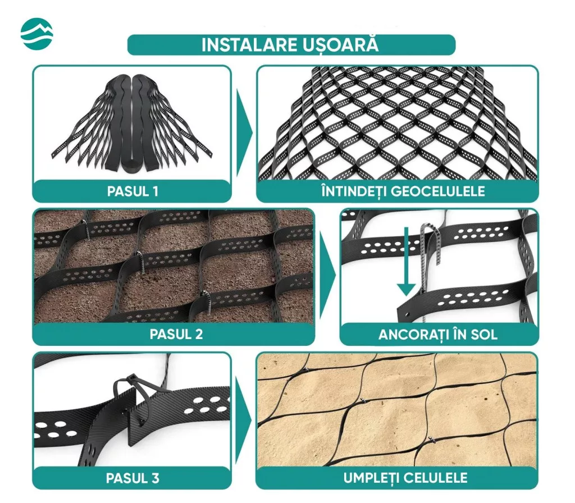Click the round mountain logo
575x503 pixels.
pos(36,33)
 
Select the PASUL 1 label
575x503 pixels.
pos(133,191)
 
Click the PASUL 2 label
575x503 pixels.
pos(176,334)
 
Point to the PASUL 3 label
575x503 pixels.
pos(133,478)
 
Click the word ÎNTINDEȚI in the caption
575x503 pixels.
pos(354,191)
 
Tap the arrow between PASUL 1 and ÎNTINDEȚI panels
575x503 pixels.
pos(244,133)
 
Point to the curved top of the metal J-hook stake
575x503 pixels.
pos(430,228)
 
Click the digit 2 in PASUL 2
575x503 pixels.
pos(198,334)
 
